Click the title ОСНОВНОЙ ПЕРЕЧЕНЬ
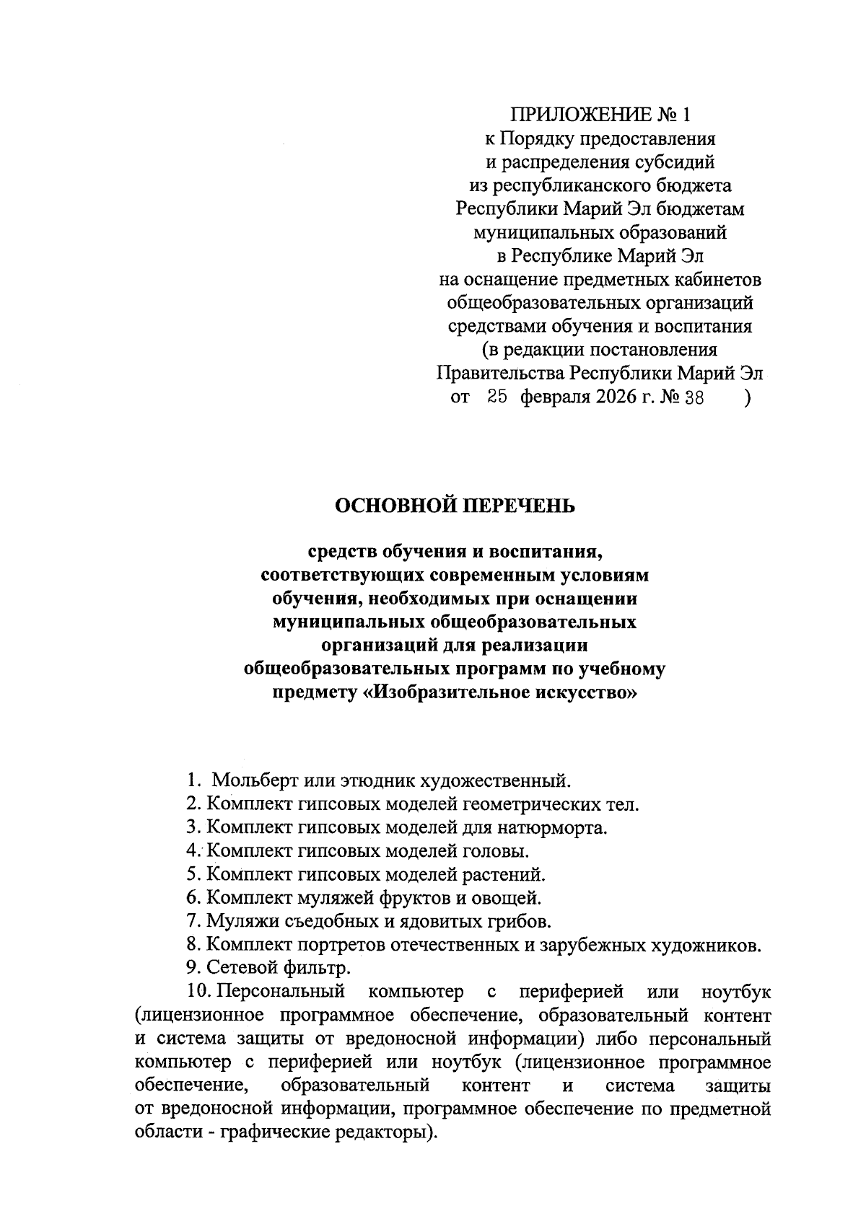click(x=454, y=506)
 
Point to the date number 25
click(x=498, y=397)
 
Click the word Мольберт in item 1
click(x=255, y=780)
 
